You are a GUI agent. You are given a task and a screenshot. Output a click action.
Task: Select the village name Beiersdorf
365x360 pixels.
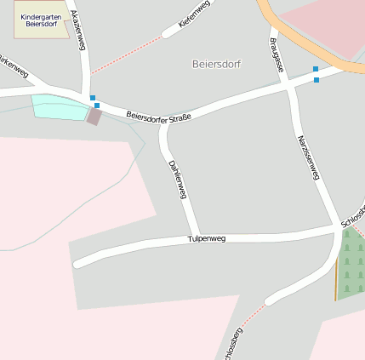coord(217,64)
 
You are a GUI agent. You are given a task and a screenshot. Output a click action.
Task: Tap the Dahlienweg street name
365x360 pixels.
coord(177,180)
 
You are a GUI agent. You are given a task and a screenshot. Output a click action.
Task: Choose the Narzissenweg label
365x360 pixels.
coord(308,157)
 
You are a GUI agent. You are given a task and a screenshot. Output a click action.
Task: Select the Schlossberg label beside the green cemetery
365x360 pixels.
coord(353,213)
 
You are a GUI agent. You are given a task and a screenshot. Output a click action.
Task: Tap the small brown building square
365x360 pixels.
coord(94,117)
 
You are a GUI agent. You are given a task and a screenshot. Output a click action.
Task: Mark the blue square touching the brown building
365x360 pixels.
coord(97,106)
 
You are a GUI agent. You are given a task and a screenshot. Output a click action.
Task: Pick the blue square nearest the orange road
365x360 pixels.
coord(316,69)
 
